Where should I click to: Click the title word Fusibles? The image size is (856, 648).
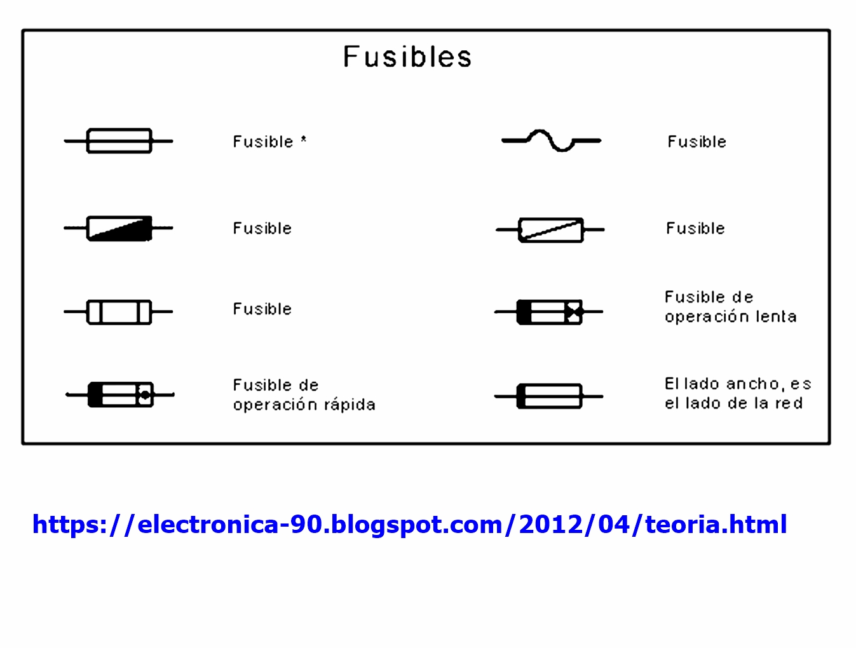coord(407,57)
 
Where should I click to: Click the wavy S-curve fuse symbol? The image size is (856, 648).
coord(551,140)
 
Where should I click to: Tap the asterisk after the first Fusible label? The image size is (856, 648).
coord(304,139)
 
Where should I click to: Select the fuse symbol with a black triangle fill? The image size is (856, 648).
coord(119,228)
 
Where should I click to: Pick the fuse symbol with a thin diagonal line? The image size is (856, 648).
coord(550,229)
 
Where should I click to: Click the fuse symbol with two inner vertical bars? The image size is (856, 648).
coord(119,312)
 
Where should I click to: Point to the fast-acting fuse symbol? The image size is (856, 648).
coord(120,395)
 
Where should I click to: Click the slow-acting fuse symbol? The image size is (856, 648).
coord(550,312)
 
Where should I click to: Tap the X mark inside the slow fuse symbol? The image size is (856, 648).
coord(574,312)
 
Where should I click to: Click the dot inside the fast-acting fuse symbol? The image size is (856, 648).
coord(145,395)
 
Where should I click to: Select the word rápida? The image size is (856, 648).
coord(350,405)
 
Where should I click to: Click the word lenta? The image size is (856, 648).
coord(776,316)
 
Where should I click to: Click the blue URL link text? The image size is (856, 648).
coord(409,525)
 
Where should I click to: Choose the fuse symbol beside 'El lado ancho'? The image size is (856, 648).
coord(550,396)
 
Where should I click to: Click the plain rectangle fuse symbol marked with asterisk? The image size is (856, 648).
coord(119,141)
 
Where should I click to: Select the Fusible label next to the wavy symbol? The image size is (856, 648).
coord(696,142)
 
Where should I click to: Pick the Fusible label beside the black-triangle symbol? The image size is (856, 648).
coord(262,228)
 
